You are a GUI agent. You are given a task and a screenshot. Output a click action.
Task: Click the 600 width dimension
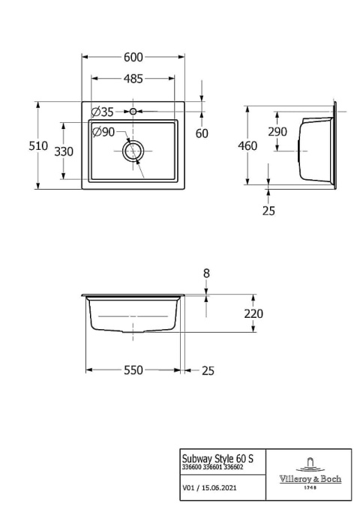point(133,57)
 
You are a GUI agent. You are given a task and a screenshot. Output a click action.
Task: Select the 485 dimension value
point(133,78)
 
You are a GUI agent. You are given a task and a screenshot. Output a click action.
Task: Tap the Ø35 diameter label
point(102,112)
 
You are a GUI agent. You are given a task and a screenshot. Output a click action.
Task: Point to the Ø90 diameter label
point(103,132)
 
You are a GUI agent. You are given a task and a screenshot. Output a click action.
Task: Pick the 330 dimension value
point(64,151)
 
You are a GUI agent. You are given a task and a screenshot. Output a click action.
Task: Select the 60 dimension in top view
point(202,133)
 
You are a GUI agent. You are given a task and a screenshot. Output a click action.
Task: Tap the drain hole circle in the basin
point(133,151)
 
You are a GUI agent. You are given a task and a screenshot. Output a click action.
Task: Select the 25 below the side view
point(268,211)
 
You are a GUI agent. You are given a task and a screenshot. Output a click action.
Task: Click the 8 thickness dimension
point(207,274)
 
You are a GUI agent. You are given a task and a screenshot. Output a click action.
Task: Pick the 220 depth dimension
point(253,313)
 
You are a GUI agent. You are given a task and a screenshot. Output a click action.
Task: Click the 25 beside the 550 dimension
point(208,370)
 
